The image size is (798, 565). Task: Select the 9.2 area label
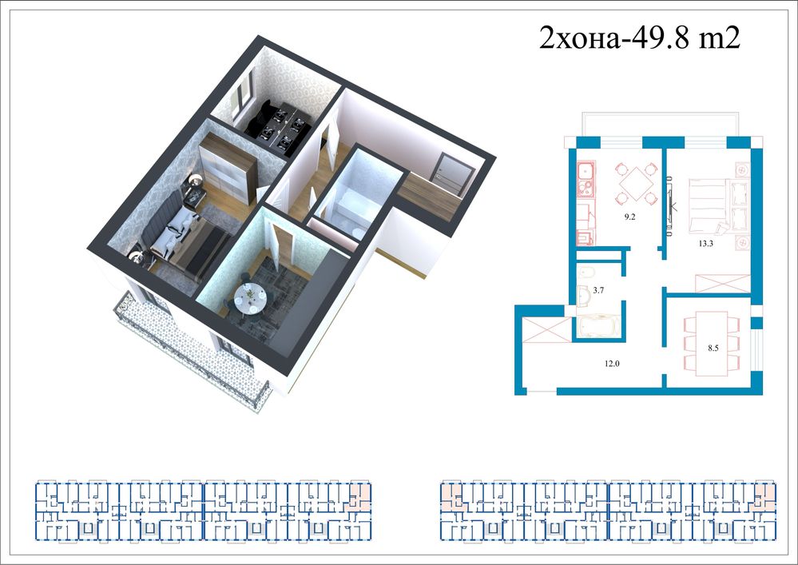[630, 217]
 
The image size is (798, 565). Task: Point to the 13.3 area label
[705, 244]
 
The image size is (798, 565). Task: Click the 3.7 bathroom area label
[598, 291]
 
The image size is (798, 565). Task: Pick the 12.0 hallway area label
[612, 364]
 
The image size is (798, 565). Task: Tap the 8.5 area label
[713, 348]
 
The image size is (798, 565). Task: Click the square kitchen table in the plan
[636, 182]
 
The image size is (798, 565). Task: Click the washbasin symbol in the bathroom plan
[583, 296]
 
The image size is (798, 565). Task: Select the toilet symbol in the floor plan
[586, 272]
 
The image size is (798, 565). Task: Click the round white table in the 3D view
[249, 298]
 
